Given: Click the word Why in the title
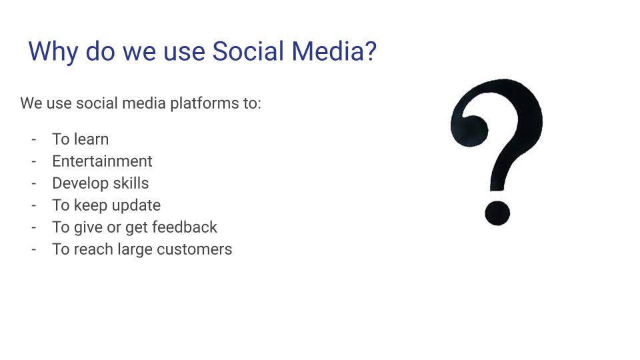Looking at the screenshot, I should click(x=53, y=52).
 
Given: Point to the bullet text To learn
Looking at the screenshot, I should click(x=80, y=139).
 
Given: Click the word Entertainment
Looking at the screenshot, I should click(x=102, y=161).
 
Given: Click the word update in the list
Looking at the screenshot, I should click(x=136, y=205).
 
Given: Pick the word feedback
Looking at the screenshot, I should click(x=185, y=227).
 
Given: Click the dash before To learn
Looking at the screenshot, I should click(x=33, y=139).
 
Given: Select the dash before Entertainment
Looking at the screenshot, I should click(x=33, y=161).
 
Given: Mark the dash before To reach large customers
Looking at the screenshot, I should click(x=33, y=249).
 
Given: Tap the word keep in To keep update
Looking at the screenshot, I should click(x=90, y=205).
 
